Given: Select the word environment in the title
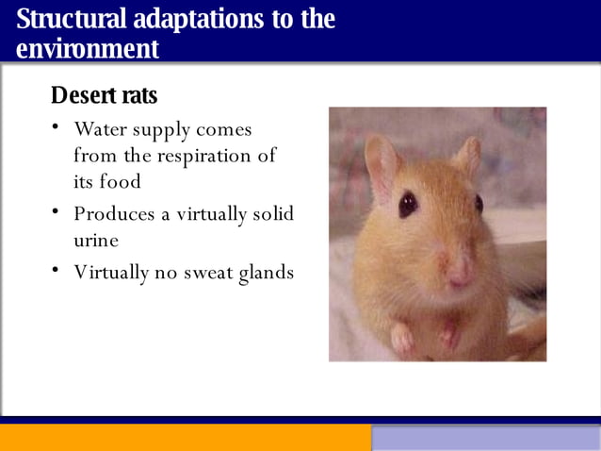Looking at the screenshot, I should (88, 49).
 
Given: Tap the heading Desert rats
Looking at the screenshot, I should (104, 95).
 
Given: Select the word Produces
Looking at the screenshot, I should (114, 214).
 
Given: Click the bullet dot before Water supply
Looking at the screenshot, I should (57, 127).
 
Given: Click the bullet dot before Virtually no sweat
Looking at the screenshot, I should (57, 272).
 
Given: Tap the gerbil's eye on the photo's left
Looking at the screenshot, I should (408, 204).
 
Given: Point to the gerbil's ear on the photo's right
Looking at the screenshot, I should (466, 155).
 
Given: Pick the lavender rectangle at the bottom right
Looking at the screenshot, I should (485, 438).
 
